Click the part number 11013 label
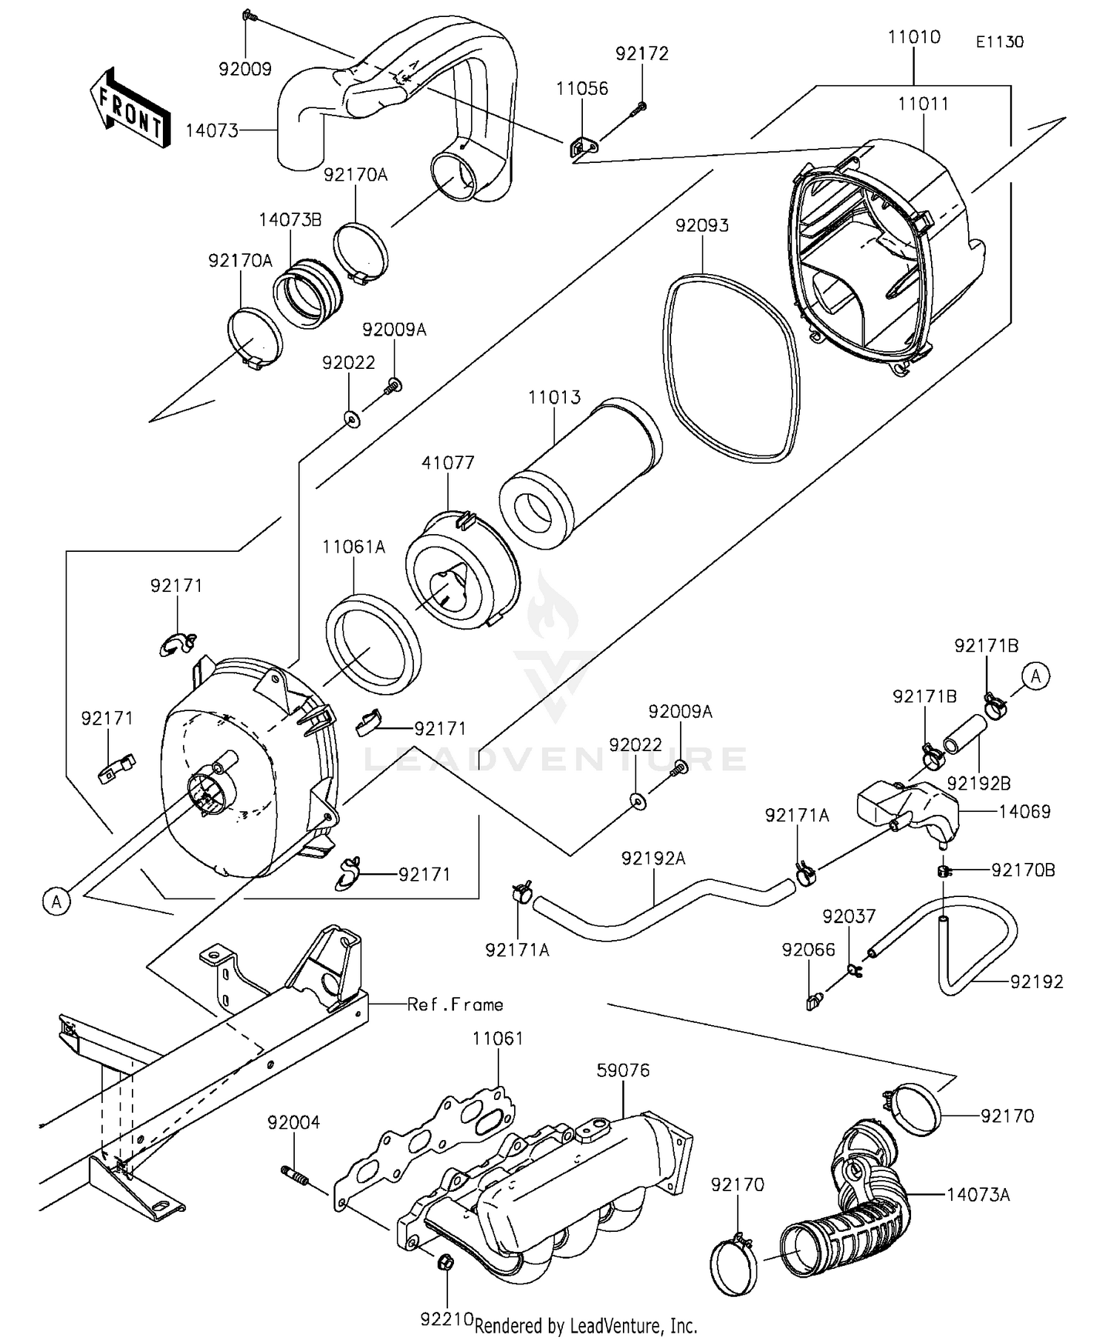pyautogui.click(x=554, y=398)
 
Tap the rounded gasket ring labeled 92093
pyautogui.click(x=730, y=367)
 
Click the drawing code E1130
pyautogui.click(x=999, y=42)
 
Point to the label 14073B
pyautogui.click(x=290, y=221)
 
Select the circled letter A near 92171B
pyautogui.click(x=1036, y=676)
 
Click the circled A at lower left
pyautogui.click(x=57, y=901)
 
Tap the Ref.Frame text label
pyautogui.click(x=455, y=1004)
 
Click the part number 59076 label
pyautogui.click(x=623, y=1070)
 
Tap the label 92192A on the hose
pyautogui.click(x=653, y=859)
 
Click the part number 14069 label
pyautogui.click(x=1024, y=811)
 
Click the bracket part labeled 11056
pyautogui.click(x=583, y=149)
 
